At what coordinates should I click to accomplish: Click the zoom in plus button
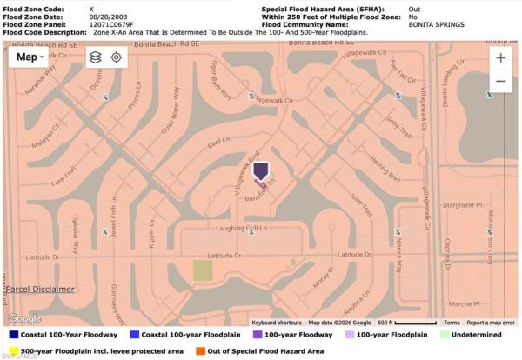click(501, 57)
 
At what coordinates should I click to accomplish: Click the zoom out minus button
click(501, 81)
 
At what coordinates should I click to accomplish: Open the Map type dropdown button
click(32, 57)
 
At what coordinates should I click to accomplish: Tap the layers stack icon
click(95, 57)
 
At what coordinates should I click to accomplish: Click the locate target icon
click(117, 57)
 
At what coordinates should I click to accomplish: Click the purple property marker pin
click(260, 171)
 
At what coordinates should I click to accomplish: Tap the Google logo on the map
click(23, 319)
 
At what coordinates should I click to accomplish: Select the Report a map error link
click(490, 323)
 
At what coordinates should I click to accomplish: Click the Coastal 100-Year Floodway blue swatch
click(15, 334)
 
